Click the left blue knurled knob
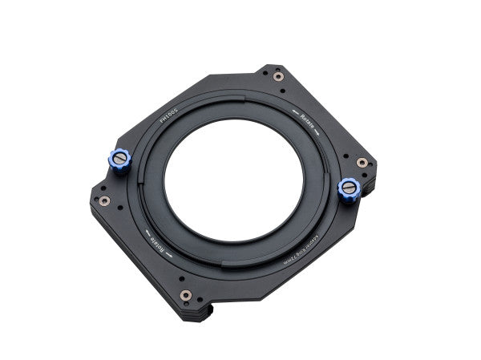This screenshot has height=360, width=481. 119,160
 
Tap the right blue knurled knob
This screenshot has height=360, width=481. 350,189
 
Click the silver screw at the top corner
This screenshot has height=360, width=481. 278,77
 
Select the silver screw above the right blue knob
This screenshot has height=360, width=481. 362,163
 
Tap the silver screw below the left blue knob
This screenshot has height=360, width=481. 103,200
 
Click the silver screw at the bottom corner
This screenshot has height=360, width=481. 186,295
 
